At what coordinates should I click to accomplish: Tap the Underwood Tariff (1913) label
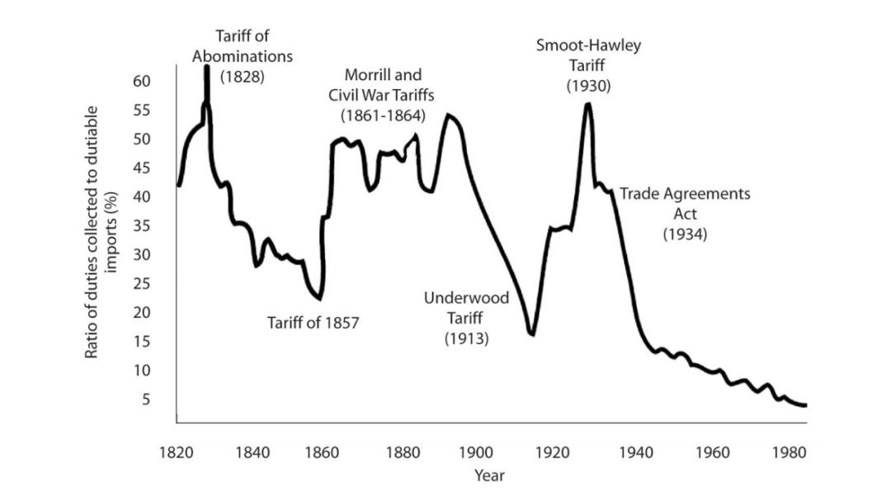pos(466,318)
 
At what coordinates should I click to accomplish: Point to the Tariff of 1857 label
pos(313,323)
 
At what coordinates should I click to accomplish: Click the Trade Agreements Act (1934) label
pos(686,214)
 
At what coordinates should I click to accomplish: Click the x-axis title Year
pos(489,475)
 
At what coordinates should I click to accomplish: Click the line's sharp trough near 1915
pos(532,333)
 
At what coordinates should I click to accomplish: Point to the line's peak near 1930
pos(587,104)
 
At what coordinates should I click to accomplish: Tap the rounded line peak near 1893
pos(449,115)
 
